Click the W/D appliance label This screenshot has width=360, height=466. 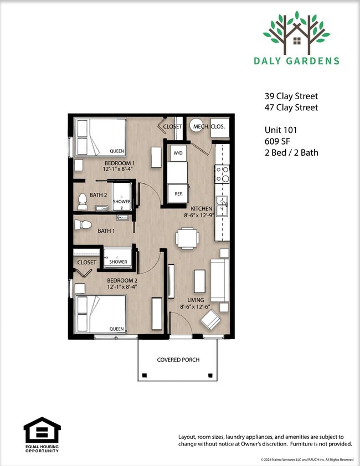coord(178,153)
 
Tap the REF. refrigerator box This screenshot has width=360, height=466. coord(178,193)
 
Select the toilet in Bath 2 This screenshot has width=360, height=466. coord(83,202)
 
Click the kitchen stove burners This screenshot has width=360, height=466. coord(222,175)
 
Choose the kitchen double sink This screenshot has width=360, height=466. coord(222,206)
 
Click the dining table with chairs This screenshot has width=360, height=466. coord(187,238)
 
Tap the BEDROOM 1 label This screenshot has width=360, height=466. coord(120,163)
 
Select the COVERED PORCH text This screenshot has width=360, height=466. coord(178,360)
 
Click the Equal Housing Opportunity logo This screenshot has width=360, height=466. coord(42,434)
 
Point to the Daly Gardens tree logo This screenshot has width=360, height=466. coord(297,33)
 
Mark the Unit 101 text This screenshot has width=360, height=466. coord(281,130)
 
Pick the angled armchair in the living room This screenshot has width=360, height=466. coord(210,320)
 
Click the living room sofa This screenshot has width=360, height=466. coord(220,280)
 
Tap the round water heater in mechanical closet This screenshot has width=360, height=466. coord(197,126)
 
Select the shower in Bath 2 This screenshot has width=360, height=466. coord(121,197)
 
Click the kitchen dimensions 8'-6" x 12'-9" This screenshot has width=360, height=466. coord(199,216)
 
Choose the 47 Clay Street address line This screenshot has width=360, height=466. coord(291,107)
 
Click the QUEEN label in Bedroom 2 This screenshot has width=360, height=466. coord(116,329)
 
